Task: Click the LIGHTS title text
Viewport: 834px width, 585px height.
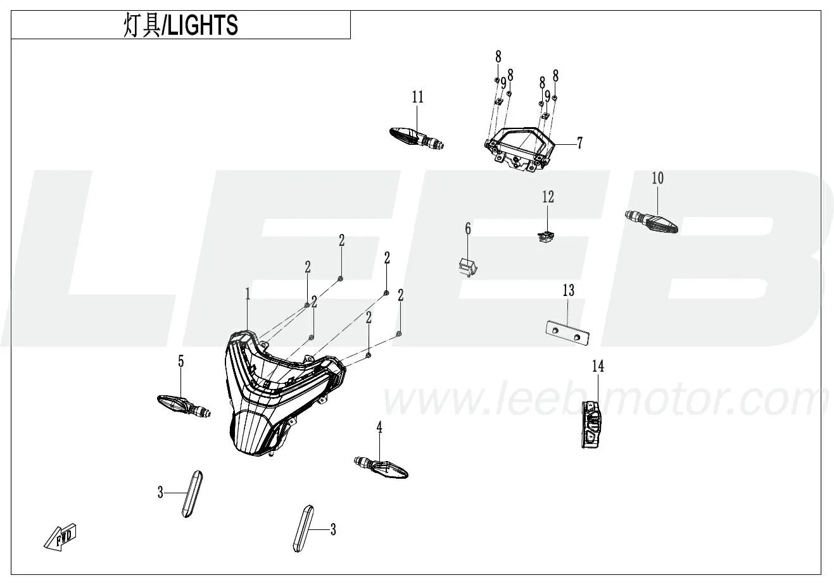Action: tap(180, 26)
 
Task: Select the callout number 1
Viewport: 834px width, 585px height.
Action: tap(248, 293)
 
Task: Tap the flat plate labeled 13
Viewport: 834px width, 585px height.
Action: tap(568, 333)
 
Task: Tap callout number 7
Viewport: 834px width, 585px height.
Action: tap(579, 143)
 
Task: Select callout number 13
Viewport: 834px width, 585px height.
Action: tap(569, 291)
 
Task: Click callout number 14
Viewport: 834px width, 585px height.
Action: tap(598, 366)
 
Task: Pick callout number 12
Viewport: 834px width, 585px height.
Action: tap(548, 197)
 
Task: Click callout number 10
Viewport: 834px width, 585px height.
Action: tap(658, 178)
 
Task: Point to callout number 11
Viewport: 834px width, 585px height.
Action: tap(417, 97)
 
